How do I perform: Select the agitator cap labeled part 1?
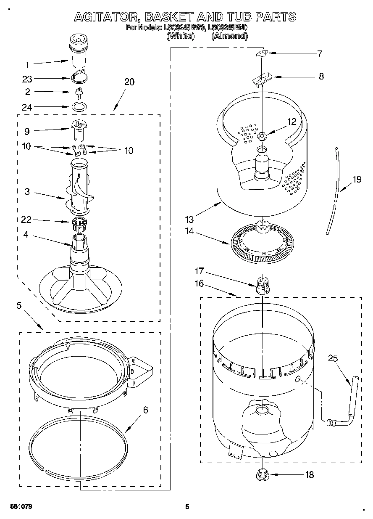click(x=79, y=52)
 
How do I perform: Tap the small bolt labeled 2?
click(x=78, y=92)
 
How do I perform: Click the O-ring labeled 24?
click(x=78, y=106)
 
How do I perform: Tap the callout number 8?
click(x=321, y=77)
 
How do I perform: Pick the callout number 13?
click(x=190, y=219)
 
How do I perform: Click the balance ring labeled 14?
click(x=263, y=244)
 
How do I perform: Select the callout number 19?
click(x=357, y=180)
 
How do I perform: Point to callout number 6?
click(x=146, y=410)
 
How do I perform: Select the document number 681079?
click(x=20, y=506)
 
